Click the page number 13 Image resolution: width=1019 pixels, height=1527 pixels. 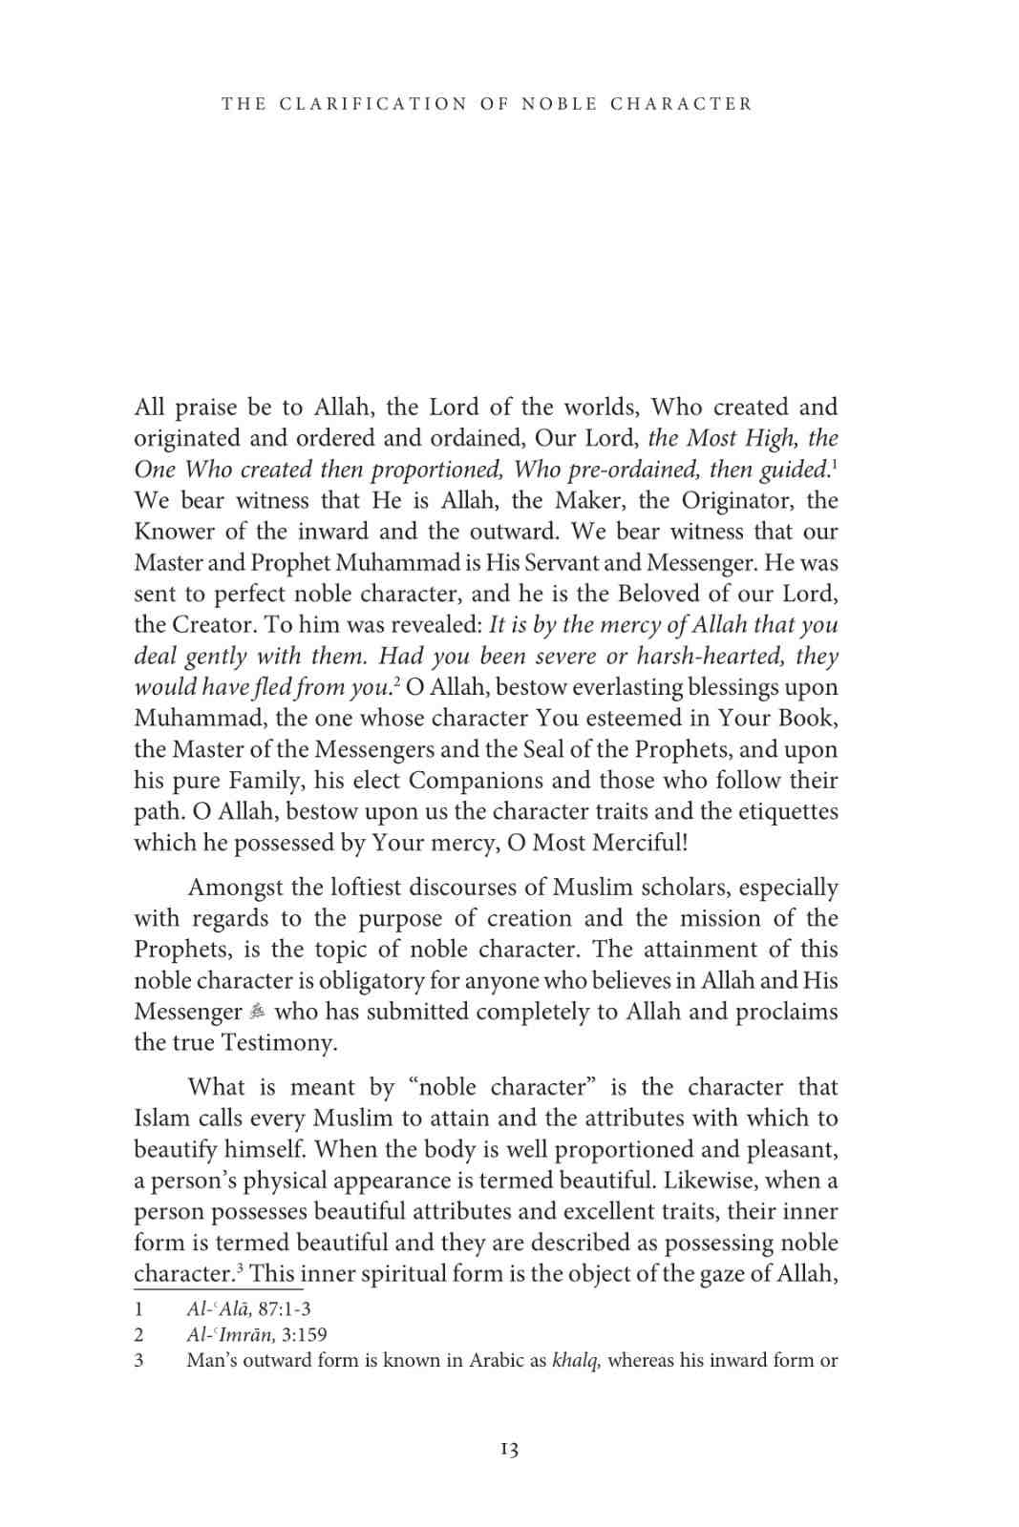click(509, 1449)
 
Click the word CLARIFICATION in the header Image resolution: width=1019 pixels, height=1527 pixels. click(373, 104)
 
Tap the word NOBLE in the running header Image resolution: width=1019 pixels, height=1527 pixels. click(560, 104)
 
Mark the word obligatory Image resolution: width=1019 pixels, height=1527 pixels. click(372, 981)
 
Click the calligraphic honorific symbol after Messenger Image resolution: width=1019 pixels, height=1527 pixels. click(258, 1013)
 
